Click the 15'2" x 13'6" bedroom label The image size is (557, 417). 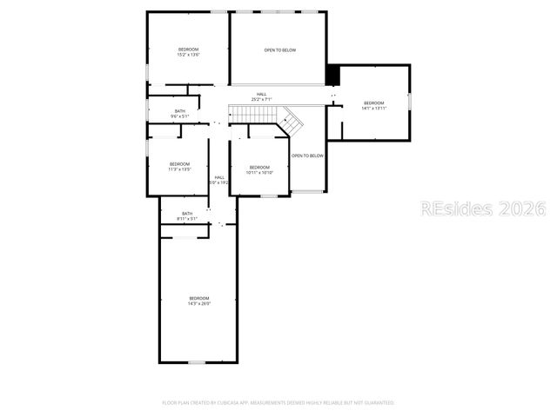pos(189,52)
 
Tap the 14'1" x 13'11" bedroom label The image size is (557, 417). pos(373,106)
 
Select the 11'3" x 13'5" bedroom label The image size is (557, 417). pos(179,167)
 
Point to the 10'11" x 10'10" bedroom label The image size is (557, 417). pos(260,170)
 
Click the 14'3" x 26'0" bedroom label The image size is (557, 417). pos(199,301)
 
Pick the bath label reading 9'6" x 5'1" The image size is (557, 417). pos(179,114)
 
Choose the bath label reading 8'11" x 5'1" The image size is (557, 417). pos(187,216)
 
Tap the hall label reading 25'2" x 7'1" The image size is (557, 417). pos(261,96)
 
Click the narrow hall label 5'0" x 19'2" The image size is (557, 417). pos(219,180)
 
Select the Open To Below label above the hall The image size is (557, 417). pos(279,50)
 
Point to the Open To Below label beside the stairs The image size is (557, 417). pos(307,156)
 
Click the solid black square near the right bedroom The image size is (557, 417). pos(332,75)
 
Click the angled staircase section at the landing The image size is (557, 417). pos(293,122)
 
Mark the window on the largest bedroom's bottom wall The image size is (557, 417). pos(198,361)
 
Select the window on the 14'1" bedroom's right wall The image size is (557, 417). pos(408,101)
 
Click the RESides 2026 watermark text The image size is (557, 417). pos(483,208)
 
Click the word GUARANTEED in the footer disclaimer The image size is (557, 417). pos(377,403)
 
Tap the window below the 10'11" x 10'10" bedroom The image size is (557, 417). pos(269,195)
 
